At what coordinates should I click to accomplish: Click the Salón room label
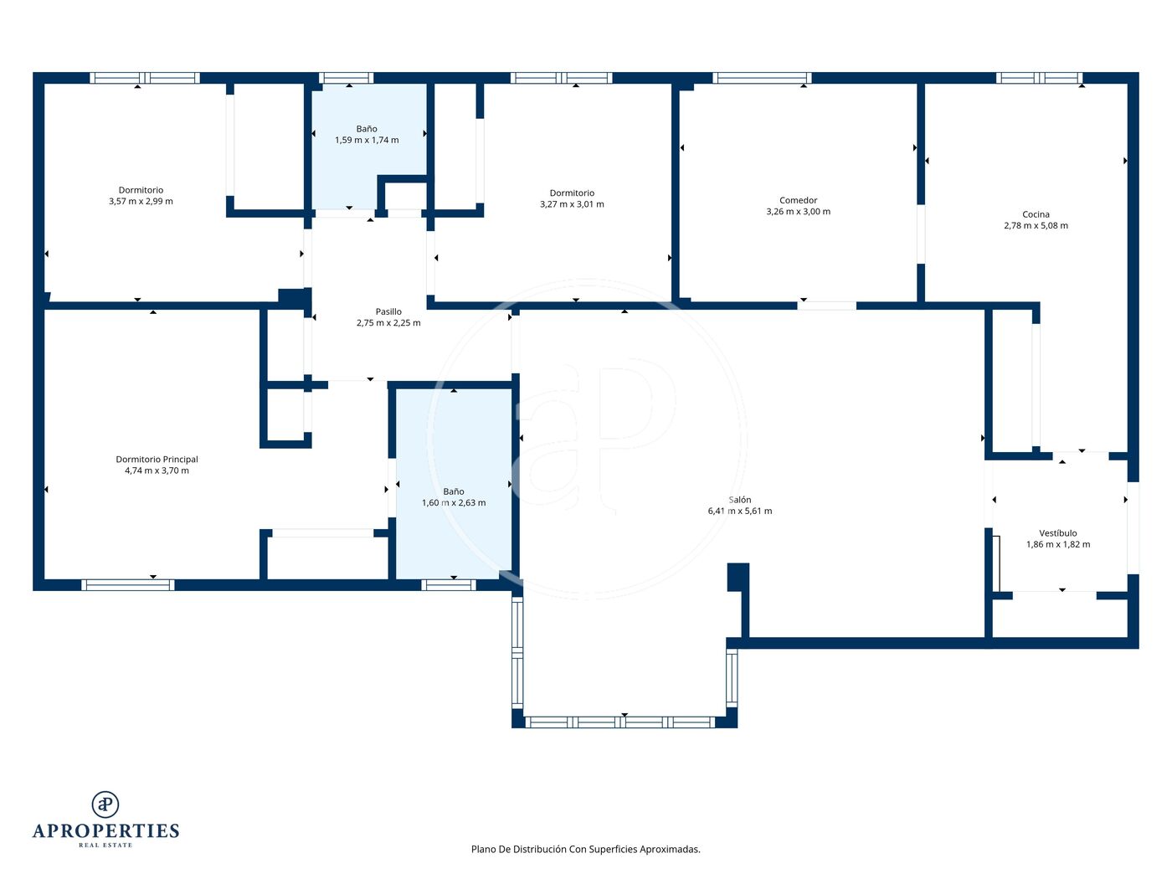tap(739, 500)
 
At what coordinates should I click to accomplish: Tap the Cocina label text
tap(1036, 214)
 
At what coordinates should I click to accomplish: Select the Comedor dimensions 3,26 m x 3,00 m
tap(799, 211)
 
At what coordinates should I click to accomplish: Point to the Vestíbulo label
tap(1058, 532)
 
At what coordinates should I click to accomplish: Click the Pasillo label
tap(388, 311)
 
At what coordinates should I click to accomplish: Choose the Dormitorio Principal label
tap(157, 459)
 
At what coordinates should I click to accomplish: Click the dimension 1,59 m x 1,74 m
tap(367, 140)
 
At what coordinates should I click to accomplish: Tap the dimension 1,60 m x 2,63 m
tap(454, 502)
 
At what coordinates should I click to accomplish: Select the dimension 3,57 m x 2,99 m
tap(141, 201)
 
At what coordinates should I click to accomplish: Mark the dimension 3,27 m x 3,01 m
tap(572, 204)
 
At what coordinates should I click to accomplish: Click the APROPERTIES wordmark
tap(105, 830)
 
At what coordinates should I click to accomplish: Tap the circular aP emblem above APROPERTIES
tap(105, 804)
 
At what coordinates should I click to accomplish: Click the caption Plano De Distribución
tap(518, 849)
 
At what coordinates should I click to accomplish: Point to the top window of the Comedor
tap(762, 78)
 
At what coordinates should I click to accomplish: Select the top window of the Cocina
tap(1039, 78)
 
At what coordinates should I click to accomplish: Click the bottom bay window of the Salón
tap(620, 722)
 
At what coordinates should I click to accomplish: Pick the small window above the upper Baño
tap(346, 78)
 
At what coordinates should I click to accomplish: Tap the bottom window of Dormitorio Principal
tap(127, 585)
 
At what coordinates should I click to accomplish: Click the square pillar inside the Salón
tap(738, 577)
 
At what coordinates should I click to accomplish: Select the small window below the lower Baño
tap(449, 585)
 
